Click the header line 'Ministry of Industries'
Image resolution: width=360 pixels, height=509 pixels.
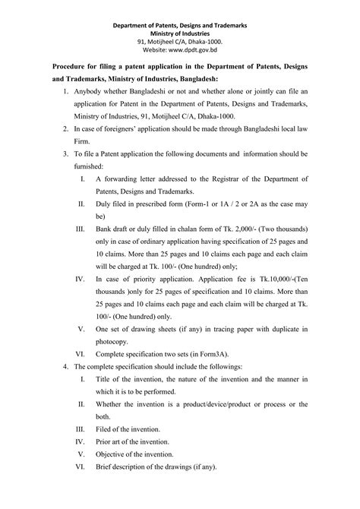point(180,33)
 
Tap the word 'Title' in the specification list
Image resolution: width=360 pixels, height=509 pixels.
point(106,378)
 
